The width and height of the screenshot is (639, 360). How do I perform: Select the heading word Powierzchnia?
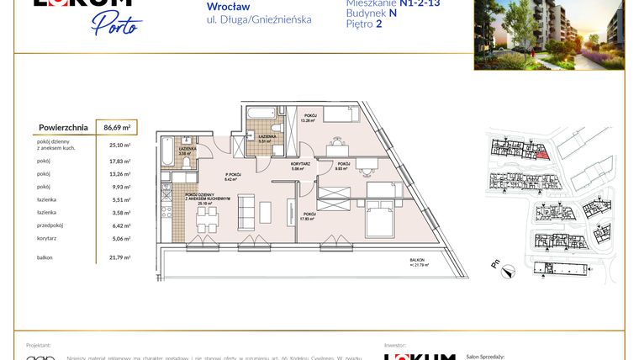pyautogui.click(x=64, y=127)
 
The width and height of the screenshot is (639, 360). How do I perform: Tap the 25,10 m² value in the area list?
pyautogui.click(x=119, y=145)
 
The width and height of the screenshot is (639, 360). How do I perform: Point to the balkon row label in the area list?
pyautogui.click(x=46, y=257)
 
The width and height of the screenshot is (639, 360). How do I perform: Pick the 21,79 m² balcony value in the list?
pyautogui.click(x=119, y=257)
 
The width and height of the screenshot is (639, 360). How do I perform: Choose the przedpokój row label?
pyautogui.click(x=50, y=225)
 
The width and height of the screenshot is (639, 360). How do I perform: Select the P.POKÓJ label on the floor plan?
pyautogui.click(x=233, y=176)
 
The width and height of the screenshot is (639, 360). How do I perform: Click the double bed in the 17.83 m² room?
pyautogui.click(x=378, y=220)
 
